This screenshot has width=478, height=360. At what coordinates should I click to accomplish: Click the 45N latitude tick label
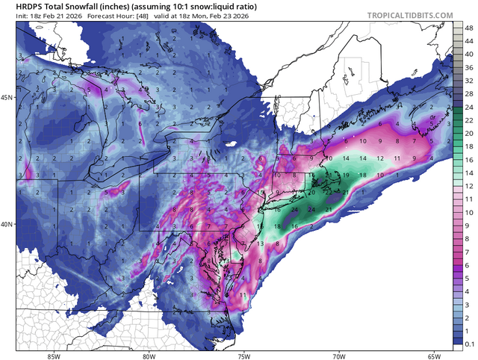tap(7, 98)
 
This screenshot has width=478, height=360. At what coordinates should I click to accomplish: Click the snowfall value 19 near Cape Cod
tap(346, 175)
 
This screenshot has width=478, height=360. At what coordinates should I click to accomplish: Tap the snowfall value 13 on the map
tap(260, 244)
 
